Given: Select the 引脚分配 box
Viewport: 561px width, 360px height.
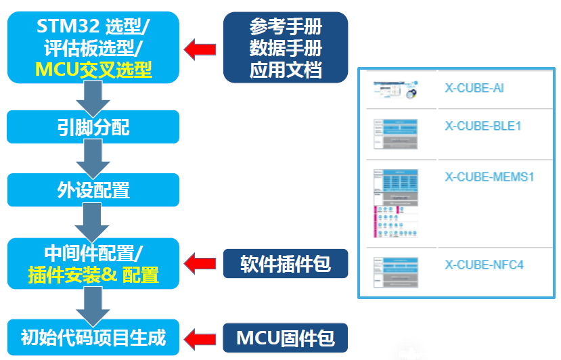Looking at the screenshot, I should [x=93, y=127].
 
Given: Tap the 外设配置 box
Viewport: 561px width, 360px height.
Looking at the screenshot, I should [x=93, y=189].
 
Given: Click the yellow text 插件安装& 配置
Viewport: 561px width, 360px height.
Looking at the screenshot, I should [x=93, y=275].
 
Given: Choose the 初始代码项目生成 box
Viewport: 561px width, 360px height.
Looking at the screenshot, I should [x=93, y=336].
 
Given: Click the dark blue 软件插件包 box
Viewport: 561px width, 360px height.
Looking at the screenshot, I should [x=285, y=263].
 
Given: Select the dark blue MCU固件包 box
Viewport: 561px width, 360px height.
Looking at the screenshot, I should [x=285, y=336].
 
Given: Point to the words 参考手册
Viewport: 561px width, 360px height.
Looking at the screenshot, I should [x=285, y=27].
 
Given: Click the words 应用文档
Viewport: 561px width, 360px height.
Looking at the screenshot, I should [x=285, y=69].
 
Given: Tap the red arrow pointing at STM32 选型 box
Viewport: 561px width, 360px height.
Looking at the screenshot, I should [x=201, y=48].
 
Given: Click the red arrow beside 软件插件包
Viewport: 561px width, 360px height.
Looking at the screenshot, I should [x=201, y=263].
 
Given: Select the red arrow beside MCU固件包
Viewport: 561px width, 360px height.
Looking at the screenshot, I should [x=201, y=336].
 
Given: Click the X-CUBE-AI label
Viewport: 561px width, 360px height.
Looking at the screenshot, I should [x=474, y=88].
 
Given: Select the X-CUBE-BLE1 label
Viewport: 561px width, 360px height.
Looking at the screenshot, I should [x=483, y=126].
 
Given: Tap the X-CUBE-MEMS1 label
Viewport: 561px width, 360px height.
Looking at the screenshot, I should [x=489, y=177].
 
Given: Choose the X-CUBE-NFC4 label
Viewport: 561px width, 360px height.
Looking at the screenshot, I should [x=484, y=265].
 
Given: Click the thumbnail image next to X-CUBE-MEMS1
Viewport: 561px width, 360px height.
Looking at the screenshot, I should [x=396, y=203].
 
